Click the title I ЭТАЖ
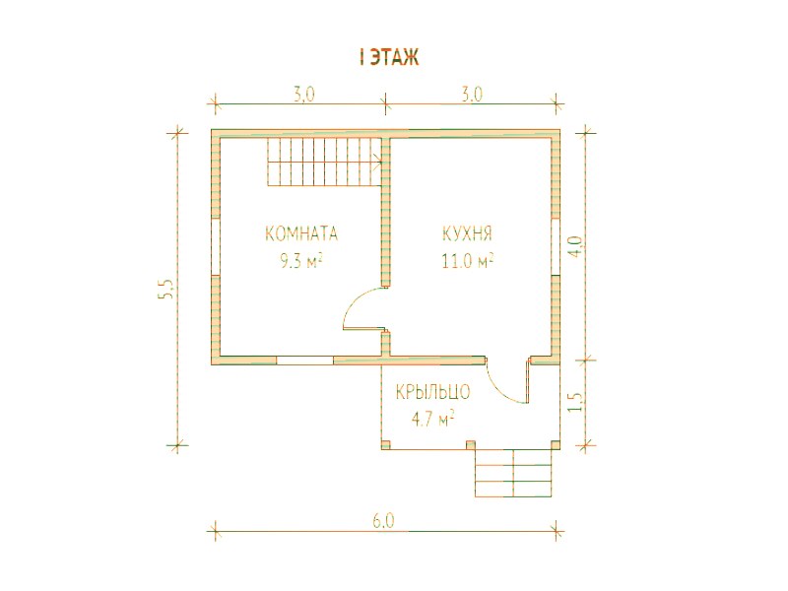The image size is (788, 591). (x=389, y=57)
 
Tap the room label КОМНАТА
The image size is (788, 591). (x=301, y=233)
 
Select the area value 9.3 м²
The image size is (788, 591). (x=301, y=261)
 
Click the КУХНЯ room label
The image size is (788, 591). (x=467, y=233)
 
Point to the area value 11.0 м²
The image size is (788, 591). (x=467, y=261)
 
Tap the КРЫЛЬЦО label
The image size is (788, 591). (x=432, y=391)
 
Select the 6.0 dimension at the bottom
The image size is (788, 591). (x=383, y=521)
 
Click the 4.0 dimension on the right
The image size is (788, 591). (x=576, y=246)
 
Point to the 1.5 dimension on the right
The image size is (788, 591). (x=576, y=402)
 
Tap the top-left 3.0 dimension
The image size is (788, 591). (x=304, y=94)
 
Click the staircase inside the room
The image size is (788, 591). (x=325, y=162)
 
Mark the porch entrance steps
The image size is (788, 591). (x=513, y=473)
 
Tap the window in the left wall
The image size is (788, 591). (x=215, y=247)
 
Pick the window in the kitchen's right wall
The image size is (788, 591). (x=556, y=247)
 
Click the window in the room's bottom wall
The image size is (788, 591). (x=304, y=361)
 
